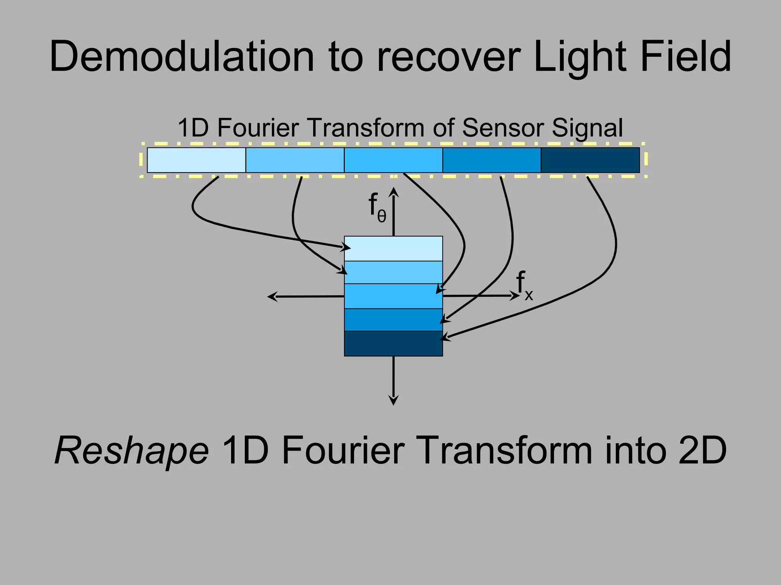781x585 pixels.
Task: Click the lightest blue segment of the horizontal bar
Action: (x=196, y=160)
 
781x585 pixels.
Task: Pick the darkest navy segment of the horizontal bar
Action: (x=590, y=160)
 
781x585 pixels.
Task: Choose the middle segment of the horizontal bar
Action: (x=393, y=160)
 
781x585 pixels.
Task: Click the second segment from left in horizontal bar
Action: (x=295, y=160)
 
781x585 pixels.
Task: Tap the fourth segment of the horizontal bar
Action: (x=492, y=160)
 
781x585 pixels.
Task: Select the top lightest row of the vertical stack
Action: (x=393, y=248)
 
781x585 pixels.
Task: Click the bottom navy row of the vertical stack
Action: (x=393, y=344)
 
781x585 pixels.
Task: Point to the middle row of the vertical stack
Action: (x=393, y=296)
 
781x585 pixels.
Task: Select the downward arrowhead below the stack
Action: (x=394, y=401)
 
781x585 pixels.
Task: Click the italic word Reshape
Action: (x=132, y=451)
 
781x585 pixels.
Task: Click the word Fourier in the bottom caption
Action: (x=343, y=451)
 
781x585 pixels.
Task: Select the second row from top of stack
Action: (x=393, y=272)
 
